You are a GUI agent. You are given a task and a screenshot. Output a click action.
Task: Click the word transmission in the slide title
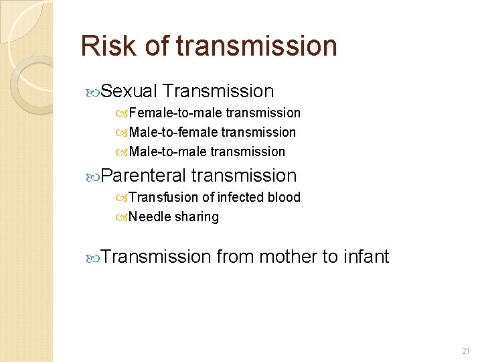click(x=256, y=46)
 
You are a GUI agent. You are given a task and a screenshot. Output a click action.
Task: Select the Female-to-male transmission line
click(x=214, y=113)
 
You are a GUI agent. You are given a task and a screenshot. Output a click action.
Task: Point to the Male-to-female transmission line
click(x=212, y=132)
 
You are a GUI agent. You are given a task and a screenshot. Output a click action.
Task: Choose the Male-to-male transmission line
click(x=206, y=152)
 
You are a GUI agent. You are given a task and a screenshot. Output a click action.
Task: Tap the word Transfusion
click(x=161, y=197)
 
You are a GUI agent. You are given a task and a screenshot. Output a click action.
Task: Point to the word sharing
click(x=197, y=217)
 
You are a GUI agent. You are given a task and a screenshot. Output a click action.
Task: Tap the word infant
click(x=366, y=257)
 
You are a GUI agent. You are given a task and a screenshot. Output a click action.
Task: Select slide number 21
click(x=467, y=351)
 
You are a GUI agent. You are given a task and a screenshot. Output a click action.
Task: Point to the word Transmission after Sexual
click(x=218, y=91)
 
